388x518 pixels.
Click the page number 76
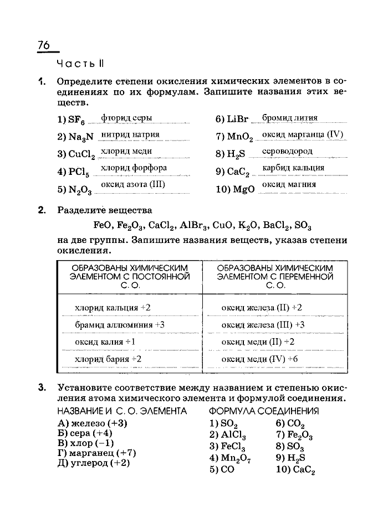coord(44,45)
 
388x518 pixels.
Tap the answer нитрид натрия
coord(130,134)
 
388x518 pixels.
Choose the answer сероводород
coord(287,151)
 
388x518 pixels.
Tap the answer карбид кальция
coord(293,168)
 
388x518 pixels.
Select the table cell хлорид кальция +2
coord(113,307)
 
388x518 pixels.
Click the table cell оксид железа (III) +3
coord(263,324)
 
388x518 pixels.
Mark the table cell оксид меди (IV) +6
coord(259,359)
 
